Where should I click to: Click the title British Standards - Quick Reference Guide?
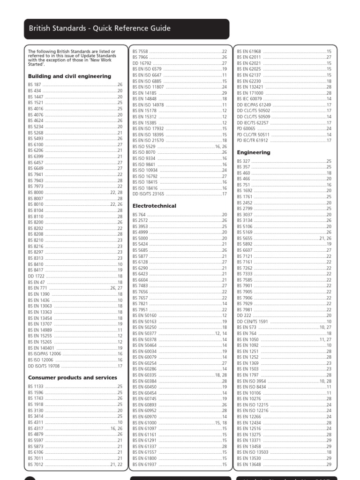(99, 28)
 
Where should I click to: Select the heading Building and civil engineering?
(69, 76)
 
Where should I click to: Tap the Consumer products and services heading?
(72, 377)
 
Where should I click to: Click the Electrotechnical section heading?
(154, 206)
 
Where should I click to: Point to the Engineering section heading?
(254, 152)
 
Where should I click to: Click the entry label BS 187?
(34, 85)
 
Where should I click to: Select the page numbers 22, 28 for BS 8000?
(116, 193)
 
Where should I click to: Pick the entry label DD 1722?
(36, 276)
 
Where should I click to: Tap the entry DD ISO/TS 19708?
(44, 366)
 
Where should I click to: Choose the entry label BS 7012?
(36, 464)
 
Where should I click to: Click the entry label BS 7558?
(140, 51)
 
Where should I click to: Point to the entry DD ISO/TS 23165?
(149, 194)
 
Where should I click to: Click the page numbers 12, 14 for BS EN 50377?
(221, 333)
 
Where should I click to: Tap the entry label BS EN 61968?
(249, 51)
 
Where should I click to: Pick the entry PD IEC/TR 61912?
(253, 140)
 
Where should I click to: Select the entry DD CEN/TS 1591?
(252, 321)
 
